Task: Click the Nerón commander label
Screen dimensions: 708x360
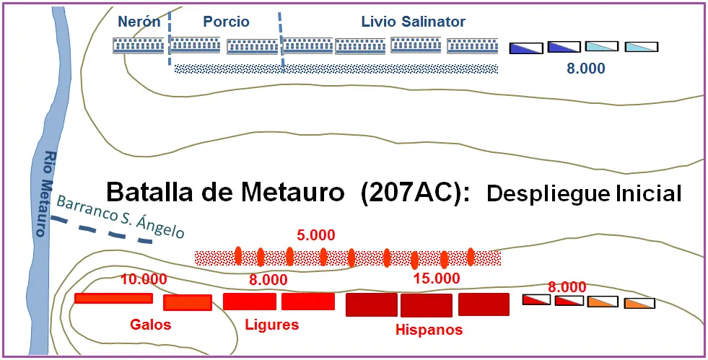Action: point(139,22)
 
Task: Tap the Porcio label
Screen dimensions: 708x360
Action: point(226,22)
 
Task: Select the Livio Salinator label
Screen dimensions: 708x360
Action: point(414,22)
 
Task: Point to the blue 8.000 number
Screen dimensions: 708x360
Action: point(586,69)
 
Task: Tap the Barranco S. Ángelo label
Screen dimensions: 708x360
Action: point(121,216)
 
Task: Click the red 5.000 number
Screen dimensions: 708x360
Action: point(316,235)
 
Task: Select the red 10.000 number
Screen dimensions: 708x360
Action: point(144,279)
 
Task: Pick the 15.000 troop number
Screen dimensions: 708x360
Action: point(437,278)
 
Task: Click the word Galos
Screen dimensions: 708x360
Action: point(151,325)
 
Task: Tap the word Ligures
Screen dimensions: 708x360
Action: point(272,325)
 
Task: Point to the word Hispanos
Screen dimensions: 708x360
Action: point(429,330)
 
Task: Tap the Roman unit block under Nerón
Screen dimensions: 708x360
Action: point(138,45)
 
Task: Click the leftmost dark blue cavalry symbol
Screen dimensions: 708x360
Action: point(525,48)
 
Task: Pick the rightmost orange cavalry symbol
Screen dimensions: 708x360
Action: point(639,303)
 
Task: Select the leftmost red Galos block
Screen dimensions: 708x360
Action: point(113,298)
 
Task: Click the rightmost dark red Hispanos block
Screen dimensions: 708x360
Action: point(484,304)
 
